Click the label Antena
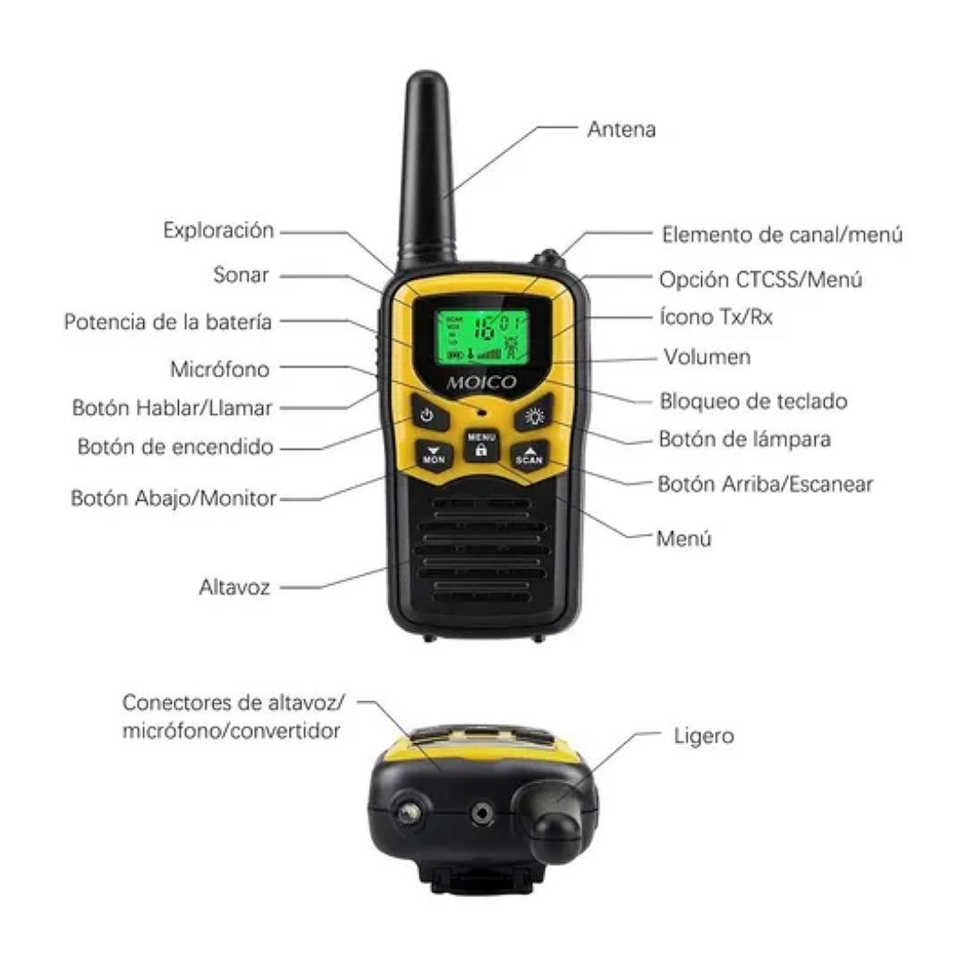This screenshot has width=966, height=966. coord(621,129)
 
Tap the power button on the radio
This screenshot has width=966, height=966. coord(428,416)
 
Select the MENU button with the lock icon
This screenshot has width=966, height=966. coord(481,445)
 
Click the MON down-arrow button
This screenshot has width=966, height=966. coord(434,454)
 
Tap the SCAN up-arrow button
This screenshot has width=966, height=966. coord(530,454)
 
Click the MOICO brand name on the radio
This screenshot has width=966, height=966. coord(482,383)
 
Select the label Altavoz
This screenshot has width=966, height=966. coord(234,588)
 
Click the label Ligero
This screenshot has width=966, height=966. coord(703,735)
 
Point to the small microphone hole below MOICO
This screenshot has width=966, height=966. coord(482,413)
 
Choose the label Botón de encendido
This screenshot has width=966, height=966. coord(175,446)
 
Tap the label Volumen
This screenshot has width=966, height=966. coord(707,357)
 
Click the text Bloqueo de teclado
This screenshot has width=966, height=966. coord(752,401)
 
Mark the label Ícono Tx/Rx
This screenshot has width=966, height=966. coord(716,317)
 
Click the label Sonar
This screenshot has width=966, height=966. coord(241,275)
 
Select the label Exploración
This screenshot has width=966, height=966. coord(218,230)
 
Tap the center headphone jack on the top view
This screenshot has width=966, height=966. coord(483,812)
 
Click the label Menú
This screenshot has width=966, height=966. coord(683,538)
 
